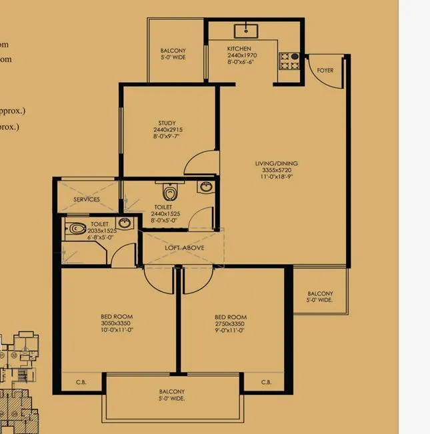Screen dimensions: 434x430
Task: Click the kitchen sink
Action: [246, 29]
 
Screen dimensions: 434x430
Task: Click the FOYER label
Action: [325, 71]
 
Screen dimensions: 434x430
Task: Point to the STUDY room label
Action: [167, 122]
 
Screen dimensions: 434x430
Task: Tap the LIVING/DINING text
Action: [276, 163]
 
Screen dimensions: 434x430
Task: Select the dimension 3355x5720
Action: [276, 171]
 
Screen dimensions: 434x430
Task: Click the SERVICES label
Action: [87, 199]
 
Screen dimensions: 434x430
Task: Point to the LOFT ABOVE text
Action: [185, 247]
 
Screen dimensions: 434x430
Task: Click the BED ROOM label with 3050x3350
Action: [117, 317]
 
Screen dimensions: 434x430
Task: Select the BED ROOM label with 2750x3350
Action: [231, 317]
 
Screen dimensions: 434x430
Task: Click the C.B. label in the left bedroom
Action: [79, 383]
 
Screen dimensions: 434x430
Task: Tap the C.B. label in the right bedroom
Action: [266, 383]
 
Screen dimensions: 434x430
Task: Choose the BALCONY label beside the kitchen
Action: [173, 51]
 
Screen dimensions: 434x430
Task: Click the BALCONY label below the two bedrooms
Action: [171, 391]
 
